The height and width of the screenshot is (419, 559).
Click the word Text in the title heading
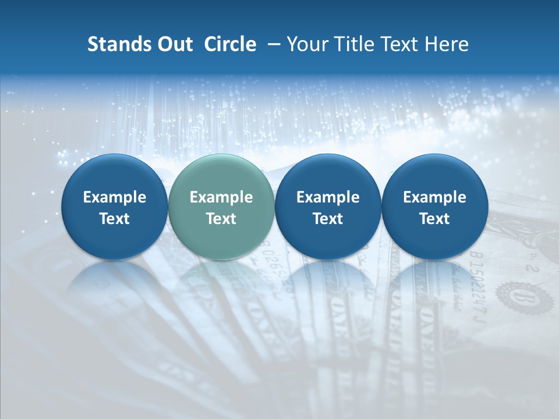pyautogui.click(x=400, y=44)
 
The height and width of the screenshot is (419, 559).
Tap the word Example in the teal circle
pyautogui.click(x=221, y=197)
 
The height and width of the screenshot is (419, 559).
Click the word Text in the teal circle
pyautogui.click(x=221, y=219)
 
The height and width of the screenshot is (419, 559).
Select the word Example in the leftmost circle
pyautogui.click(x=114, y=197)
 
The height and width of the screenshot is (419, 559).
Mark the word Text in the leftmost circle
pyautogui.click(x=114, y=219)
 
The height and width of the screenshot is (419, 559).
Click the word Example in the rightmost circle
pyautogui.click(x=434, y=197)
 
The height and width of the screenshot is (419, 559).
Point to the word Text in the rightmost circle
pyautogui.click(x=434, y=219)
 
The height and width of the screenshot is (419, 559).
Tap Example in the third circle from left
pyautogui.click(x=328, y=197)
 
